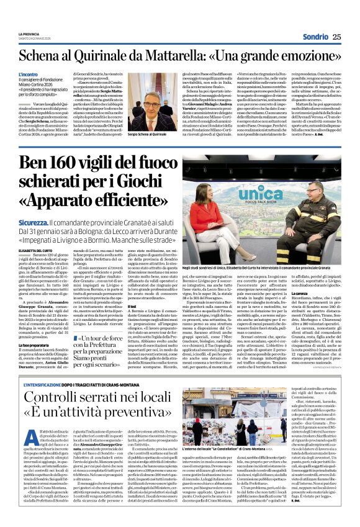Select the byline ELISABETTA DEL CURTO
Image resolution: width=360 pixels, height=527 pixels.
[38, 250]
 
